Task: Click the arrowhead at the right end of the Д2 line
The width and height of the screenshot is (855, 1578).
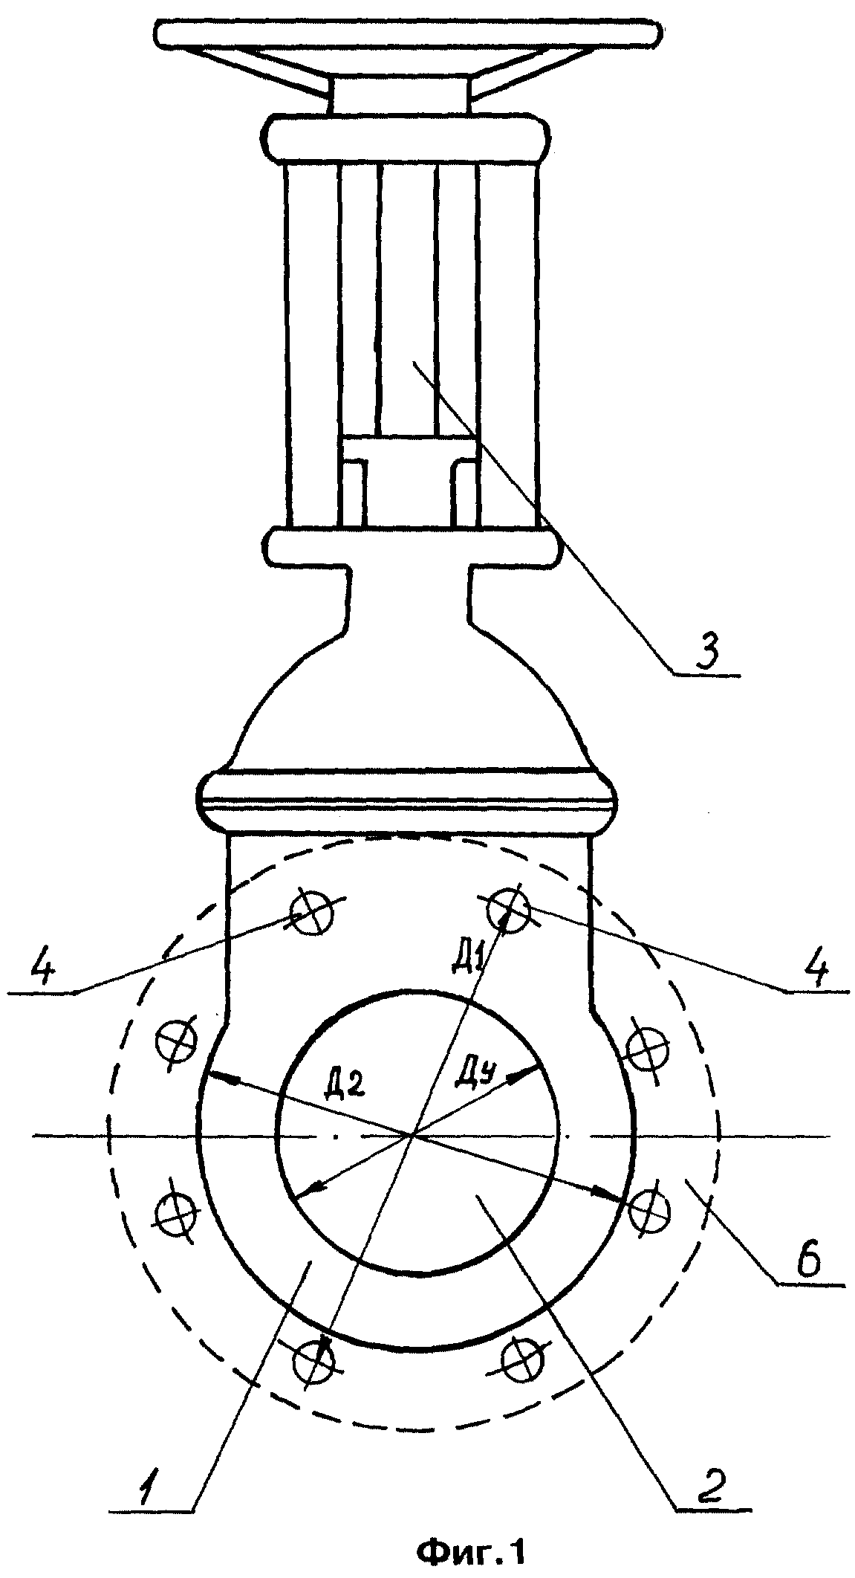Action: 616,1214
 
